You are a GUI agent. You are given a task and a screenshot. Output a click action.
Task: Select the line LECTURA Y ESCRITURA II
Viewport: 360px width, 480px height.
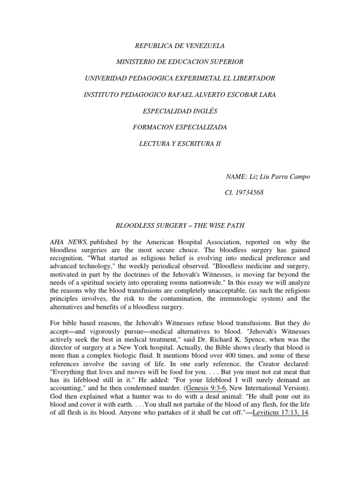click(x=180, y=143)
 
